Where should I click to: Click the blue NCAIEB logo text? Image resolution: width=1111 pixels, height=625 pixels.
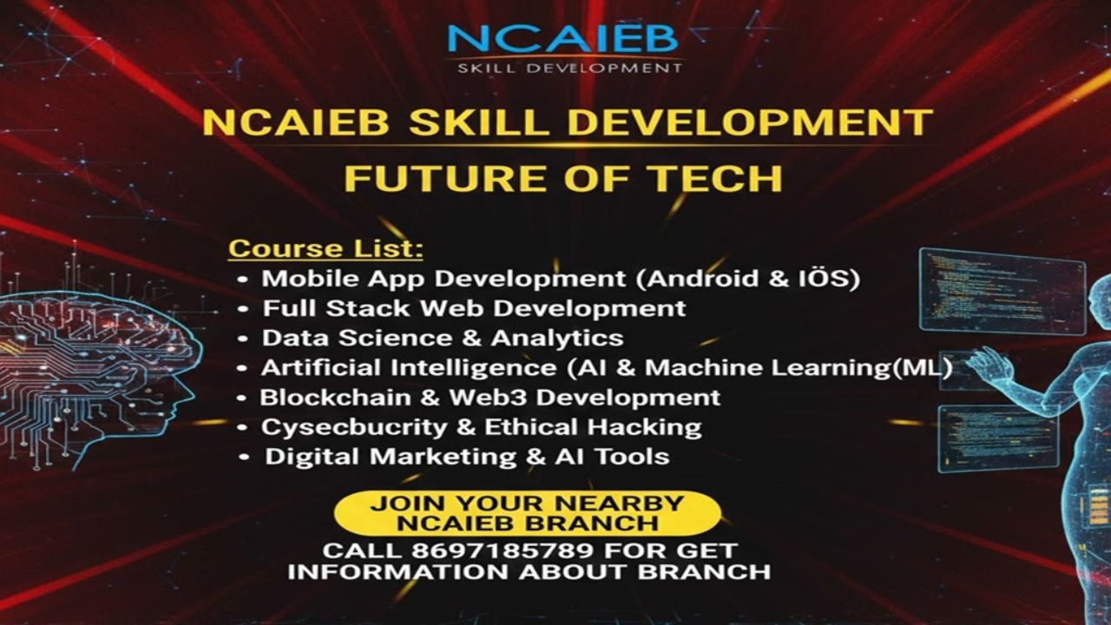(x=562, y=39)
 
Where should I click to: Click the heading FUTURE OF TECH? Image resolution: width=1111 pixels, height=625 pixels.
(x=562, y=177)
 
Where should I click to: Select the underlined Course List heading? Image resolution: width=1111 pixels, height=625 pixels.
(x=325, y=249)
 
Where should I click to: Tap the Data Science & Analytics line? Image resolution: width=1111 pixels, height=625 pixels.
(x=442, y=338)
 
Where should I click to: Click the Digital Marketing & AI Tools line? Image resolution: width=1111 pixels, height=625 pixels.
(x=466, y=457)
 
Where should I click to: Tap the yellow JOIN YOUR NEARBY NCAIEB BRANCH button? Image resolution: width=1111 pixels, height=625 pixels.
(x=527, y=513)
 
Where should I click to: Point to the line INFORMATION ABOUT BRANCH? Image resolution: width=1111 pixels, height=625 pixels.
(x=529, y=572)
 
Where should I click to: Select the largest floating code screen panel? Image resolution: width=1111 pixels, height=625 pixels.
(x=1002, y=291)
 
